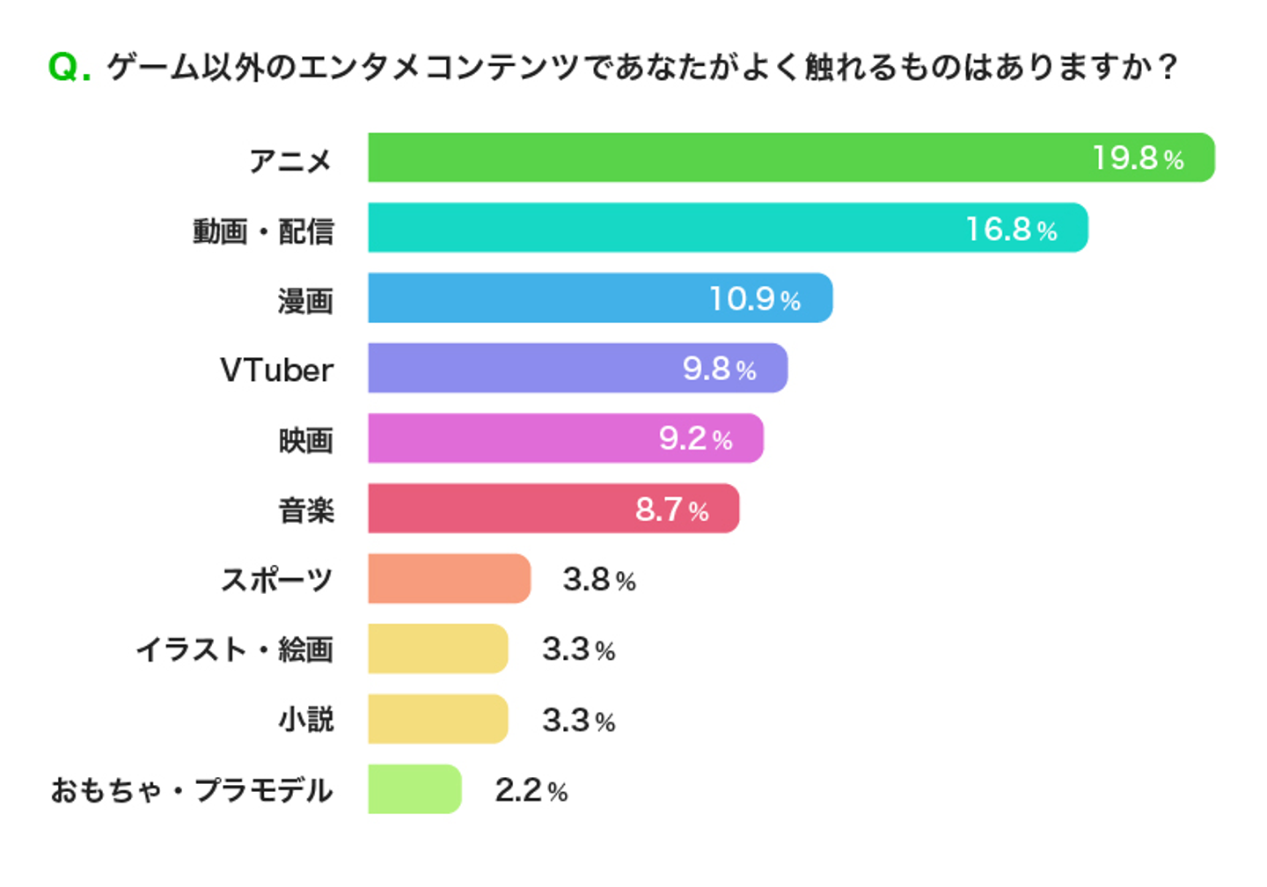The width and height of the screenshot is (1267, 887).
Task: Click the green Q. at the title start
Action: tap(69, 67)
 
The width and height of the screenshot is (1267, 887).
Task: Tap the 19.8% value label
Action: tap(1138, 158)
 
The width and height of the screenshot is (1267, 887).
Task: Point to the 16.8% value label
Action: tap(1011, 230)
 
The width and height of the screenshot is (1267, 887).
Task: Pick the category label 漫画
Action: tap(305, 301)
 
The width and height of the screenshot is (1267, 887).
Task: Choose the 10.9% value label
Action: tap(755, 299)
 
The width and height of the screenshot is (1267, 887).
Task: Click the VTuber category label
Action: tap(276, 370)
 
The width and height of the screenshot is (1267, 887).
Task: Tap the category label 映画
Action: tap(305, 440)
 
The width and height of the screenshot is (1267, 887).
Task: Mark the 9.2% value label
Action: tap(695, 438)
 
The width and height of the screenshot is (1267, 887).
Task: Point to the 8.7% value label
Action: tap(671, 509)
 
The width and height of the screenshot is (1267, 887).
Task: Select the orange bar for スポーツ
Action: tap(449, 578)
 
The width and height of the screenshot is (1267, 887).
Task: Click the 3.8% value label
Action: tap(598, 580)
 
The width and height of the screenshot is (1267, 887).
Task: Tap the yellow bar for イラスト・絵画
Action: tap(437, 649)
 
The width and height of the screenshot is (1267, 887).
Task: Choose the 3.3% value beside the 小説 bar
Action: tap(578, 721)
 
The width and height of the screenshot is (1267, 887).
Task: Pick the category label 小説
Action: tap(305, 720)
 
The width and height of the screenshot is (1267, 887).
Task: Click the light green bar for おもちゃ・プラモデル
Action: tap(414, 788)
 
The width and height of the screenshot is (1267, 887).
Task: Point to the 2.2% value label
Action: tap(531, 790)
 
